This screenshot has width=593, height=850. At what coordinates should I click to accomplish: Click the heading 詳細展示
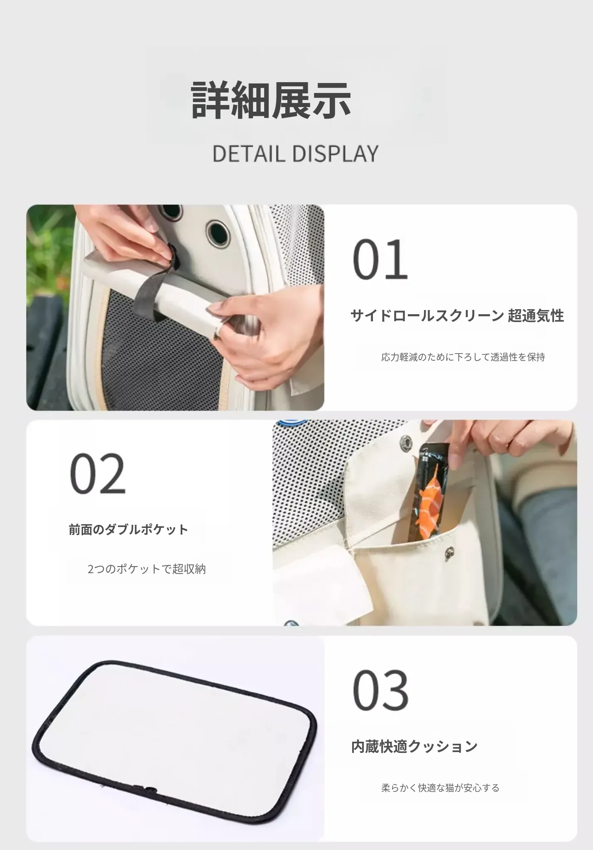click(x=271, y=100)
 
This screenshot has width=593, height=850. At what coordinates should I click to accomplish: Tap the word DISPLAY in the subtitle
click(x=335, y=154)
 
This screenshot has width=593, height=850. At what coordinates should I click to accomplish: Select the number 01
click(x=380, y=259)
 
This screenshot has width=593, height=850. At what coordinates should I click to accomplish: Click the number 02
click(x=97, y=474)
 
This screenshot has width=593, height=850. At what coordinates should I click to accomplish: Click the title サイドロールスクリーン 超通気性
click(x=457, y=316)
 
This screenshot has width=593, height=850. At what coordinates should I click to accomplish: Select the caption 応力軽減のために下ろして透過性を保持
click(x=463, y=357)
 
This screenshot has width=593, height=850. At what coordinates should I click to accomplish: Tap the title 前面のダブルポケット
click(x=129, y=530)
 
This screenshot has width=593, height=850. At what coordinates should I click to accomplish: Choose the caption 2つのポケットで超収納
click(x=147, y=569)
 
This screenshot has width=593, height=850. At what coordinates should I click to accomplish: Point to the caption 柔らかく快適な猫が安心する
click(x=440, y=788)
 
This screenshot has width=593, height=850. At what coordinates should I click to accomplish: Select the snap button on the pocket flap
click(x=449, y=552)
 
